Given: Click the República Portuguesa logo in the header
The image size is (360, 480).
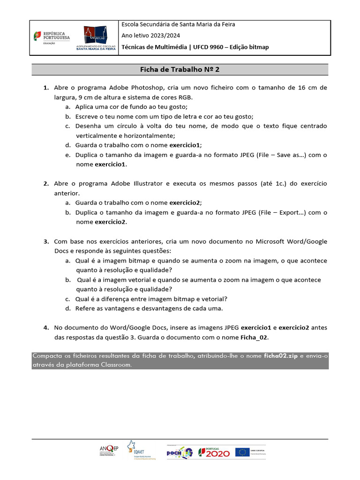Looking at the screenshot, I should tap(50, 37).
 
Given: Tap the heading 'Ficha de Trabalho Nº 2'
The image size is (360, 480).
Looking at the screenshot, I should tap(180, 69).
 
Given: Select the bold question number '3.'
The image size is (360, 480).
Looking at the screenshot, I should tap(46, 241).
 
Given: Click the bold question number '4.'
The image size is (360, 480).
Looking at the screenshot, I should tap(46, 328).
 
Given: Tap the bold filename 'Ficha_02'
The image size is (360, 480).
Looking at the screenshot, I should tap(255, 337).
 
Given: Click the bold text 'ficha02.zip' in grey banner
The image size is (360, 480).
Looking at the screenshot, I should tap(281, 356).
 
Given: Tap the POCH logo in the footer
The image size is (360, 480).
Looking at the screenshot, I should tap(180, 452).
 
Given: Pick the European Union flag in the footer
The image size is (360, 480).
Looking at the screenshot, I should tap(242, 452).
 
